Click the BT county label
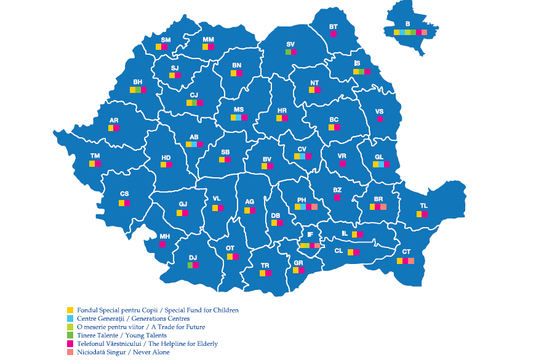point(334,26)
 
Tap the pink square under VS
point(380,119)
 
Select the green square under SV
point(288,52)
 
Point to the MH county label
point(164,236)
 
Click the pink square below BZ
point(337,198)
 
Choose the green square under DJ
point(190,265)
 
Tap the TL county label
point(423,206)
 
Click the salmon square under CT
point(411,261)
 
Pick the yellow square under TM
point(92,164)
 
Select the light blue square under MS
point(239,117)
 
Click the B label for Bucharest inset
point(407,24)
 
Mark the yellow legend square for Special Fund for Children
point(70,310)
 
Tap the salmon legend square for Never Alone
point(70,352)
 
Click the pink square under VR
point(342,164)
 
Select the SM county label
point(166,39)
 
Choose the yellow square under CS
point(122,203)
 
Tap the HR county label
point(282,110)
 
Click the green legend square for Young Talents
point(70,335)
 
